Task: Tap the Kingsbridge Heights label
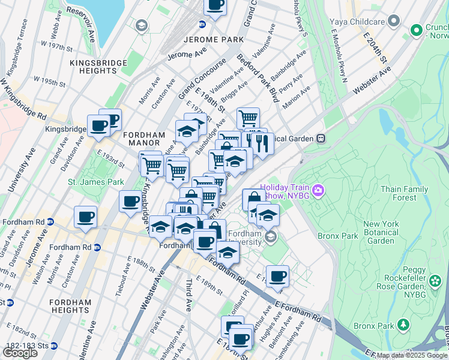click(x=98, y=67)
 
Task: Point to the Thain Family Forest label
click(x=404, y=193)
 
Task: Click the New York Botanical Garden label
click(x=381, y=233)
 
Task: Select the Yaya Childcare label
click(x=357, y=22)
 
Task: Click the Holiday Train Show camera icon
click(x=318, y=191)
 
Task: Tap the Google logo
click(x=20, y=353)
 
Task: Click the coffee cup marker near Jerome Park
click(x=215, y=6)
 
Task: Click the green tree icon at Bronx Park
click(x=404, y=325)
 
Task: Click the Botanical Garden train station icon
click(x=321, y=139)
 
